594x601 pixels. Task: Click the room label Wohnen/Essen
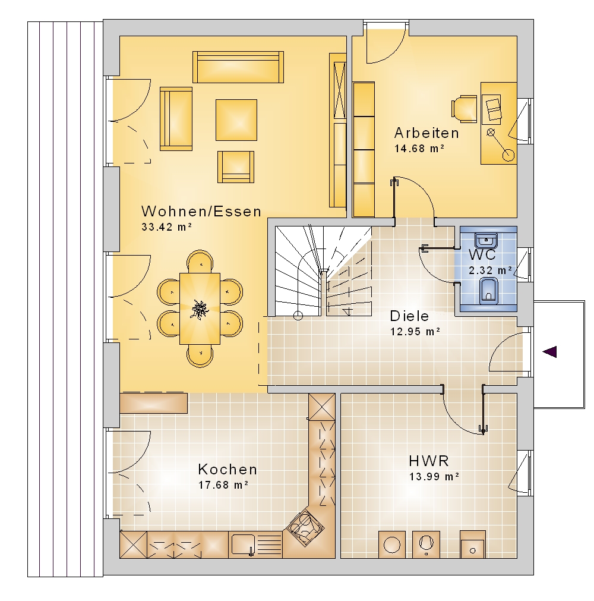(x=201, y=211)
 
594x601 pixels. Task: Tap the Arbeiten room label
(x=426, y=133)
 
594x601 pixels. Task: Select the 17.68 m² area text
(x=223, y=485)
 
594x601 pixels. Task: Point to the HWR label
(x=428, y=461)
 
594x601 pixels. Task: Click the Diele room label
(x=409, y=316)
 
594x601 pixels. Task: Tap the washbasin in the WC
(x=486, y=240)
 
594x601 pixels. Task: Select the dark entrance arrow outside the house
(x=549, y=351)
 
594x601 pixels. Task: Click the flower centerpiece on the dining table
(x=199, y=309)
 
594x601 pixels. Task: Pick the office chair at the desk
(x=464, y=109)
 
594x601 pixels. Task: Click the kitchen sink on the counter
(x=243, y=545)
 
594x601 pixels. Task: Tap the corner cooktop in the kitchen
(x=305, y=527)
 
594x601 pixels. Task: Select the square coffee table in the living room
(x=236, y=120)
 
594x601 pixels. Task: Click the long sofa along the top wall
(x=238, y=67)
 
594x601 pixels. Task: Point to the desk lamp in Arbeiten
(x=500, y=144)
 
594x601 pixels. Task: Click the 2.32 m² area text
(x=491, y=270)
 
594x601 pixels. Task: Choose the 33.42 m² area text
(x=166, y=227)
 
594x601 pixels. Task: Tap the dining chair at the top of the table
(x=200, y=262)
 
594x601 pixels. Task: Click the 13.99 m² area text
(x=434, y=476)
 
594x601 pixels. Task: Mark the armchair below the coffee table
(x=236, y=166)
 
